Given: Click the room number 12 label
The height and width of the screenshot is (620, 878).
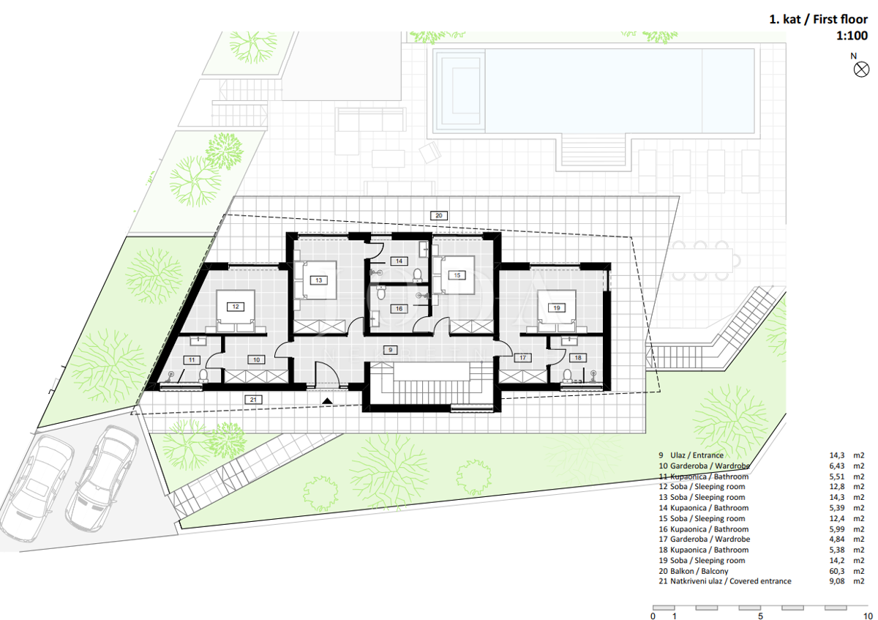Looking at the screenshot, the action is click(x=236, y=307).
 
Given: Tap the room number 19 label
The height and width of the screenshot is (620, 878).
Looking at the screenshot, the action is click(x=557, y=308).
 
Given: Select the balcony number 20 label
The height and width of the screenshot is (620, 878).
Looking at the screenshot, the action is click(x=438, y=215).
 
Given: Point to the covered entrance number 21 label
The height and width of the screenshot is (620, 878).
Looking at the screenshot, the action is click(x=253, y=400).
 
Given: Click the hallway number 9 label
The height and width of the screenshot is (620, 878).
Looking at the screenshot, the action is click(x=390, y=350).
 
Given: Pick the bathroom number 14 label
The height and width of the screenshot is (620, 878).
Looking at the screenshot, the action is click(x=399, y=261).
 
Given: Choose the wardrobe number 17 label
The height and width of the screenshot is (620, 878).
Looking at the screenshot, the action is click(x=522, y=358).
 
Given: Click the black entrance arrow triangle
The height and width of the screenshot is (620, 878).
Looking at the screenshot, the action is click(x=327, y=401).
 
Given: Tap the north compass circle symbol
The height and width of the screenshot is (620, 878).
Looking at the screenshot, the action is click(x=861, y=70).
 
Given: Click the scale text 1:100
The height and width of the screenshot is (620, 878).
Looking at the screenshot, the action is click(x=852, y=36).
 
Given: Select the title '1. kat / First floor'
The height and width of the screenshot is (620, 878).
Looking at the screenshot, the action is click(x=819, y=19).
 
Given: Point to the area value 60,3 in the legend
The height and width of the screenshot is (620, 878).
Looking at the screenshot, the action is click(x=837, y=571).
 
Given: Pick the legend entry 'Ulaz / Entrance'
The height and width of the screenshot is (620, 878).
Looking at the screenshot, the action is click(x=697, y=455).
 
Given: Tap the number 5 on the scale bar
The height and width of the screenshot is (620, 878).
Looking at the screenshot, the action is click(x=760, y=616).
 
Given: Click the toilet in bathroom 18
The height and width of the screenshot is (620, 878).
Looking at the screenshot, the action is click(x=567, y=376).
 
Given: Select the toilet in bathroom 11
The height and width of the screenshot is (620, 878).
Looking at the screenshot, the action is click(x=203, y=376).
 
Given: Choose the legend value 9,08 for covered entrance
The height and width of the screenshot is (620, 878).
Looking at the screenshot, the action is click(x=837, y=581).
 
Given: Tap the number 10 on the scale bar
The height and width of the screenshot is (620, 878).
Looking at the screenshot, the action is click(x=868, y=616).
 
